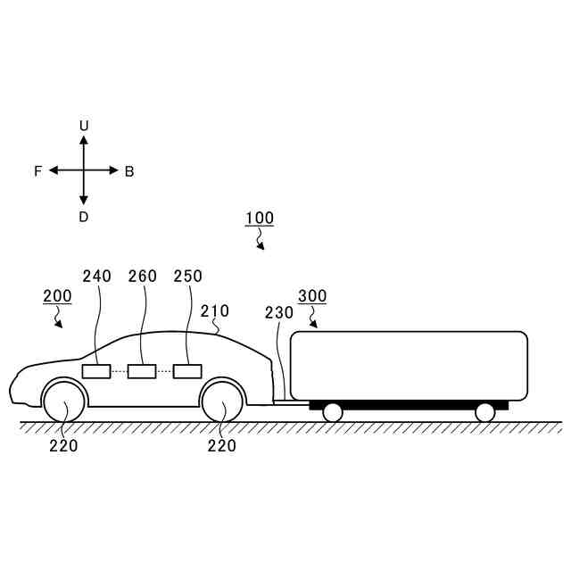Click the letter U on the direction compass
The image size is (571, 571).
click(x=84, y=126)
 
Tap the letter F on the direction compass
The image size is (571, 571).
click(x=37, y=171)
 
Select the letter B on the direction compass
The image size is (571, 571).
click(x=129, y=171)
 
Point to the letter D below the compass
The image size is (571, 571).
click(x=84, y=217)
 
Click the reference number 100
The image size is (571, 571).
click(x=260, y=218)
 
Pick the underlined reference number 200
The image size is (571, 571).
click(x=57, y=295)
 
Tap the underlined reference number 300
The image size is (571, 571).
click(x=312, y=295)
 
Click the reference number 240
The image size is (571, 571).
click(x=97, y=277)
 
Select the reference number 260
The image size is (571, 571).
click(x=143, y=277)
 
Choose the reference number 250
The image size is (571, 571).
click(x=188, y=277)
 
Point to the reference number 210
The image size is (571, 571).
click(x=215, y=311)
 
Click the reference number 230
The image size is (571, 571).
click(x=279, y=312)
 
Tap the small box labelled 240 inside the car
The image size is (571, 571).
click(x=96, y=371)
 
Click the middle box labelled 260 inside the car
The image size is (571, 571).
click(x=142, y=371)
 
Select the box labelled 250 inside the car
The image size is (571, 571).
click(x=187, y=371)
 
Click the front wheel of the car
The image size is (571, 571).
click(x=64, y=401)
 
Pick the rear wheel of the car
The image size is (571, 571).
click(x=222, y=401)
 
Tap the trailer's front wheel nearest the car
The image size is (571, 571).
click(x=333, y=411)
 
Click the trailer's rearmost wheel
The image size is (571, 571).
click(x=485, y=411)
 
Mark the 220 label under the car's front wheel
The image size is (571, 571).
click(x=63, y=446)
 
